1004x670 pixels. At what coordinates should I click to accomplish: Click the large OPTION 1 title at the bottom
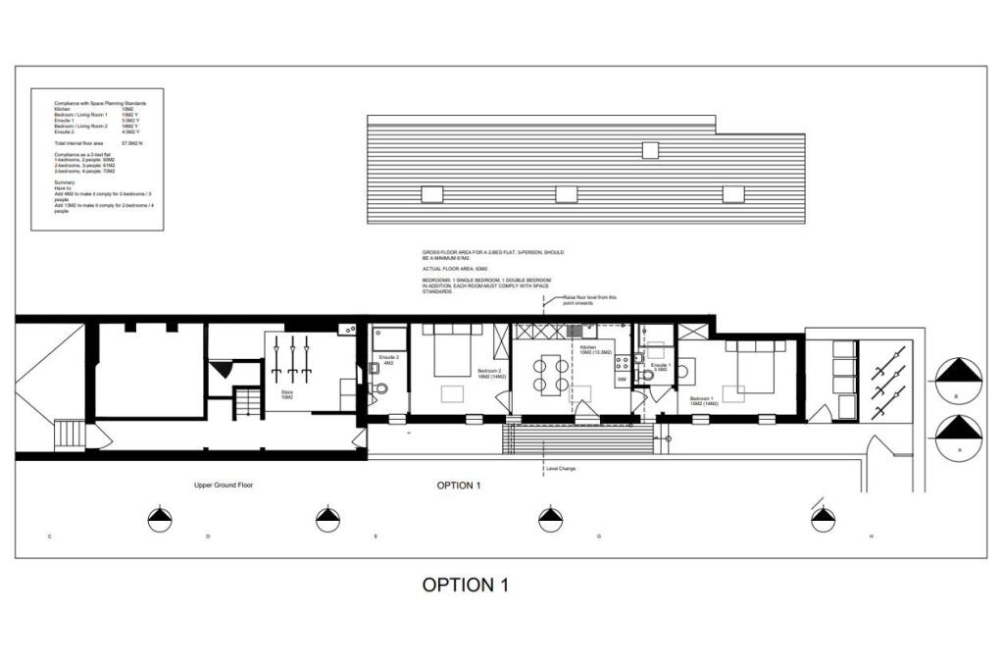coord(466,586)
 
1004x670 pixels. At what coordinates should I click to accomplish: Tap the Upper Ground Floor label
coord(224,486)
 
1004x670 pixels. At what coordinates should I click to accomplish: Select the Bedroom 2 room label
coord(487,374)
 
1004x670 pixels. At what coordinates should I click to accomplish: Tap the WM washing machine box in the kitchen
coord(622,379)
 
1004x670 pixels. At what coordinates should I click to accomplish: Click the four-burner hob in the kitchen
coord(621,363)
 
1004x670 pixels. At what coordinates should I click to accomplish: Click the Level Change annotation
coord(560,469)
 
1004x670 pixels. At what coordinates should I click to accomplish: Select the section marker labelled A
coord(958,435)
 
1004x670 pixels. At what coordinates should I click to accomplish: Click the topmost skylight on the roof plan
coord(650,150)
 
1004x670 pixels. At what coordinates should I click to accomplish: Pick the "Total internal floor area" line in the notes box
coord(98,143)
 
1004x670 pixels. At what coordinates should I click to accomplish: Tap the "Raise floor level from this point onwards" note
coord(589,299)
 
